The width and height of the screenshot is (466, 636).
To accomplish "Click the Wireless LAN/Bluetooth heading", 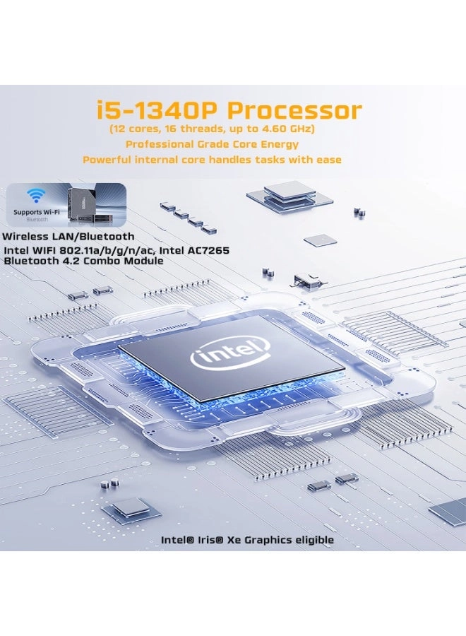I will [x=68, y=236].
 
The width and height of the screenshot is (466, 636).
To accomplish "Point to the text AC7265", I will [x=204, y=250].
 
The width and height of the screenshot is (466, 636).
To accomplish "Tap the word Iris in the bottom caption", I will [x=210, y=540].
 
